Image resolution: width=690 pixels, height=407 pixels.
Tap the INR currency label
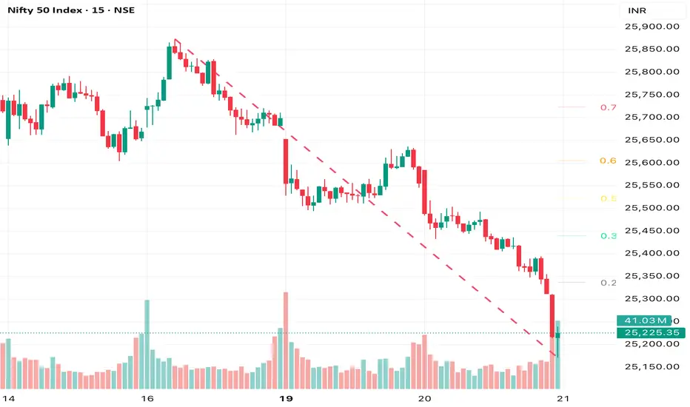click(636, 13)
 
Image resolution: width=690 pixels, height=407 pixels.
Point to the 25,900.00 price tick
click(652, 27)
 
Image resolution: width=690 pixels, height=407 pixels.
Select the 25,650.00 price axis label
click(652, 140)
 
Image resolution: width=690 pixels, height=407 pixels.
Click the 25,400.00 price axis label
click(652, 253)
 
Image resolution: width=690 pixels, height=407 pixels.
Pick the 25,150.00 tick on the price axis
click(652, 366)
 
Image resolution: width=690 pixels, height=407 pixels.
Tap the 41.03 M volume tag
click(642, 320)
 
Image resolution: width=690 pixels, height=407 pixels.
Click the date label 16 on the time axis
click(147, 398)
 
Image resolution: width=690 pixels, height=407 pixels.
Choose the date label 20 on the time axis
click(424, 398)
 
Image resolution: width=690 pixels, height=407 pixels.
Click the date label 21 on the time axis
click(563, 398)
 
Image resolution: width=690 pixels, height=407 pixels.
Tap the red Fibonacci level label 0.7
click(608, 107)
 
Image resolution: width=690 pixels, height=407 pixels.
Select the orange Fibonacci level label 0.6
click(608, 161)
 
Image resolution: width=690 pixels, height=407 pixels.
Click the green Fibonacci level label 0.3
click(608, 236)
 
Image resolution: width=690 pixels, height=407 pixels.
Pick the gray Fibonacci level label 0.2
click(608, 283)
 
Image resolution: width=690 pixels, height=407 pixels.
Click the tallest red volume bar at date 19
click(285, 340)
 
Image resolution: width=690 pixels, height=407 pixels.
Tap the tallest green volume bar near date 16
click(147, 344)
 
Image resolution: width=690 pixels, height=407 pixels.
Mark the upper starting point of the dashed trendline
click(175, 39)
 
